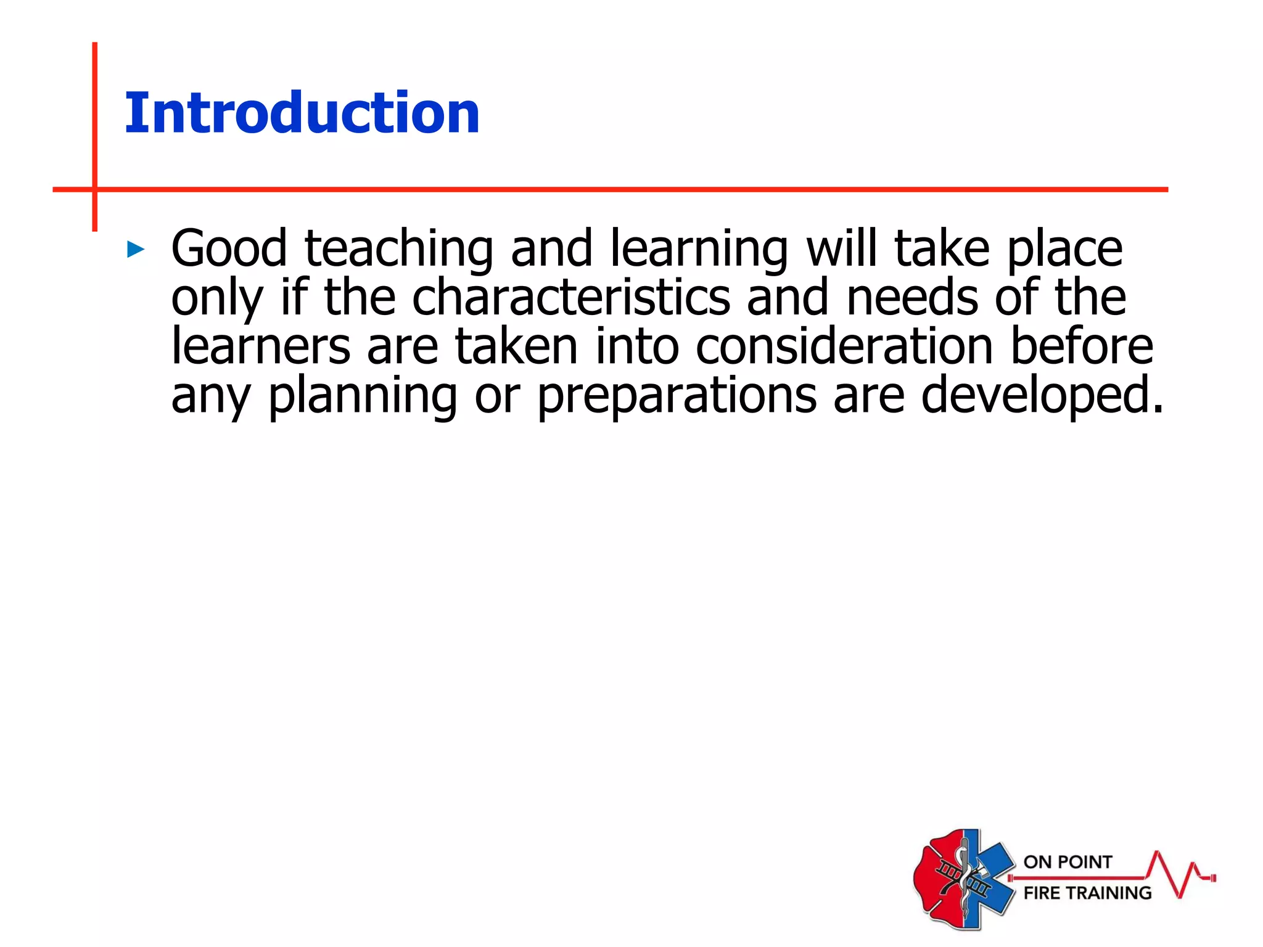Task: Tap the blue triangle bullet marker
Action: [x=136, y=250]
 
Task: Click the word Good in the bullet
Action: [x=229, y=248]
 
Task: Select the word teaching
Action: [x=399, y=250]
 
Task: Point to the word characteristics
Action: [x=571, y=298]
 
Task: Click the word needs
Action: [x=912, y=298]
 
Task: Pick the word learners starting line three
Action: [x=260, y=346]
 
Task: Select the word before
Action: [x=1081, y=346]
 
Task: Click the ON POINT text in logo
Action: [x=1068, y=862]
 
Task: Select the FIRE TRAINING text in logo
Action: [x=1087, y=893]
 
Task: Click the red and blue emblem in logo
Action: [x=963, y=879]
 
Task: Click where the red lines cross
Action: [x=95, y=189]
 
